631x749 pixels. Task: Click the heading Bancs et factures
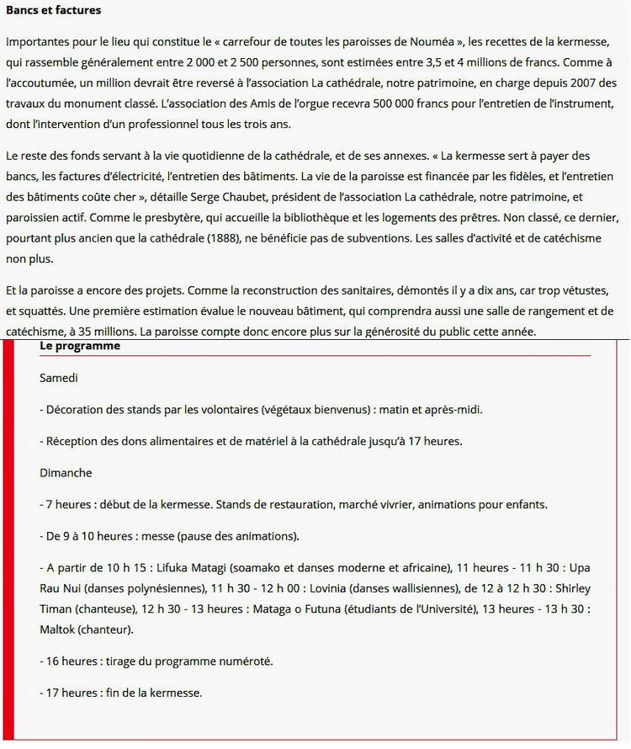click(x=54, y=11)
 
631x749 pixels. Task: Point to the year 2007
click(x=570, y=84)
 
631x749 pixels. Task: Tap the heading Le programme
click(x=80, y=347)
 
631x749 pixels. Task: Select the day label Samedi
click(x=59, y=379)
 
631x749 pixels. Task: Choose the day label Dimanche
click(x=66, y=473)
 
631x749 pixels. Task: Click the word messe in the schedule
click(x=146, y=536)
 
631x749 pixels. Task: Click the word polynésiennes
click(x=155, y=588)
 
